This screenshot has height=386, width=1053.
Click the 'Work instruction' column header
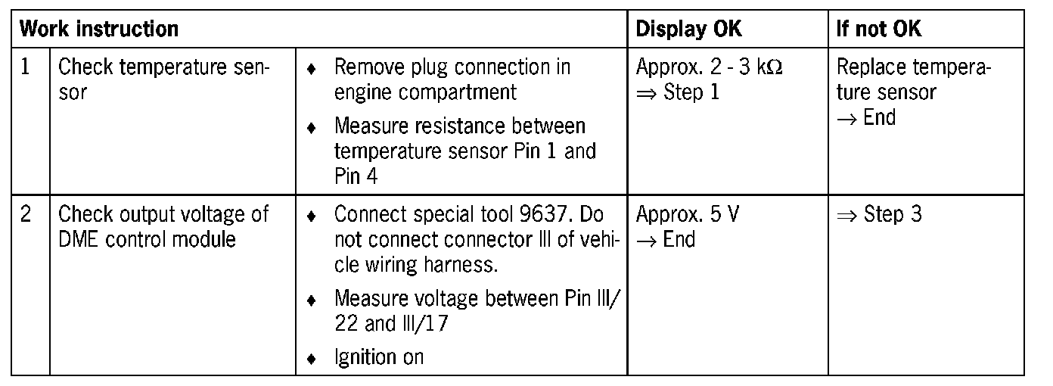[99, 30]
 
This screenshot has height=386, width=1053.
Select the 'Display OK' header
[688, 30]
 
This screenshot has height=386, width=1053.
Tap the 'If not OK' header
[878, 30]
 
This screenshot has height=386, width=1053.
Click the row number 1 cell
[26, 67]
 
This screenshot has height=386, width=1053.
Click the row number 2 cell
[26, 214]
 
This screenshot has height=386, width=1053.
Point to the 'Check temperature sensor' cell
[163, 79]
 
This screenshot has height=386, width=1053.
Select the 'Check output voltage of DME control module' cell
[163, 226]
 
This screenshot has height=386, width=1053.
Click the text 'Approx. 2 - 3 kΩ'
[709, 67]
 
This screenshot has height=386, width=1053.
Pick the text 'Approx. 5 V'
[688, 214]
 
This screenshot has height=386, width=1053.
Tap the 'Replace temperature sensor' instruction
[914, 79]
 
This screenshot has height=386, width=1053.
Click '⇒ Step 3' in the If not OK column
[879, 214]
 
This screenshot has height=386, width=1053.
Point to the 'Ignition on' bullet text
[378, 356]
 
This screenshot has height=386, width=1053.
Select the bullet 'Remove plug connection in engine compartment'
[452, 79]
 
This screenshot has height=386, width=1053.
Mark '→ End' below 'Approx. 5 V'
[666, 239]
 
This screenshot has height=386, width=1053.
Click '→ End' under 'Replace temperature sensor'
[865, 117]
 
